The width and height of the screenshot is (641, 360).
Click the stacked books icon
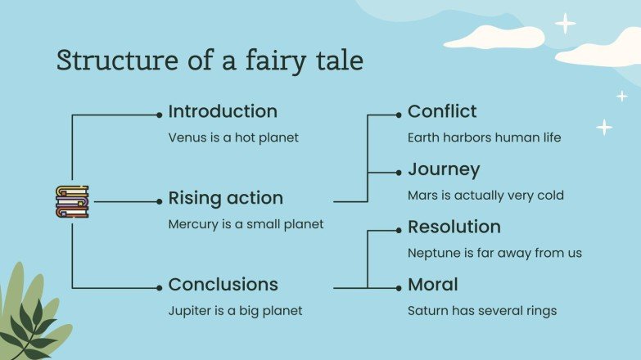(x=72, y=201)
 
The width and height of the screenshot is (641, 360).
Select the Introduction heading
(x=223, y=111)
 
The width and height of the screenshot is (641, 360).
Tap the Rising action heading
(x=225, y=198)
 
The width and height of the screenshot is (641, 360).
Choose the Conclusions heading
(x=223, y=285)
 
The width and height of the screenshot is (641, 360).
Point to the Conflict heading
(x=442, y=111)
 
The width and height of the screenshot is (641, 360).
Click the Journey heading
(x=444, y=170)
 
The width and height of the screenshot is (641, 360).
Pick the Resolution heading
(x=454, y=227)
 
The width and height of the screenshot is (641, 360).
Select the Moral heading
(x=433, y=285)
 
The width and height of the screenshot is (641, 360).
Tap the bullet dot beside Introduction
(x=159, y=114)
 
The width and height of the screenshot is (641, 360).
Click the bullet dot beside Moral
(x=399, y=287)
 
